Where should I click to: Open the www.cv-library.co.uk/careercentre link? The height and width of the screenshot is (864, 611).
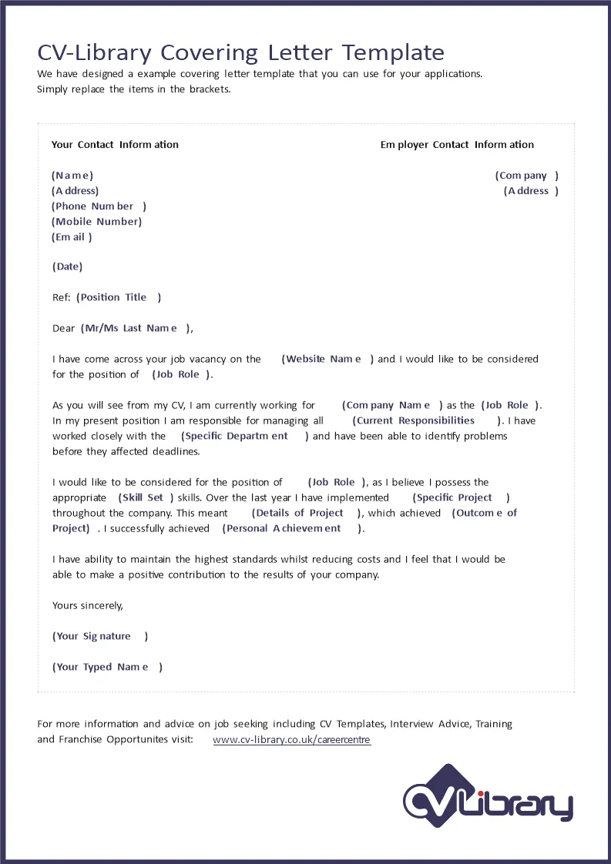(x=291, y=740)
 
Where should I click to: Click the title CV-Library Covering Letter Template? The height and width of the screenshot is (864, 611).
(x=240, y=52)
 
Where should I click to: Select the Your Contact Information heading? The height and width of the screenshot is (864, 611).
(x=115, y=145)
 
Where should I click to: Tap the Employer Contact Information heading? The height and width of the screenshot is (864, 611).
(x=457, y=145)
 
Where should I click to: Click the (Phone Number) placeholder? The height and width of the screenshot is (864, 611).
(x=99, y=206)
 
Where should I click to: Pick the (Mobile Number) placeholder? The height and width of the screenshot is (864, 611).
(x=97, y=222)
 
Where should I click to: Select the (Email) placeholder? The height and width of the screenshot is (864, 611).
(x=72, y=237)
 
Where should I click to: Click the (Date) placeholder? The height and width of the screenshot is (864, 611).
(x=68, y=267)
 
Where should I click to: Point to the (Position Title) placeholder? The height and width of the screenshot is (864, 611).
(x=119, y=297)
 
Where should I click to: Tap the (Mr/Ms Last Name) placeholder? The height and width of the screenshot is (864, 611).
(x=135, y=328)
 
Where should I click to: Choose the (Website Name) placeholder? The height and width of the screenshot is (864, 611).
(x=327, y=359)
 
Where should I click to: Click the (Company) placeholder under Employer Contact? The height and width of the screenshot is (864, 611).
(x=526, y=176)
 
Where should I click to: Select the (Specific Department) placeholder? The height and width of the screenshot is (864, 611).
(x=244, y=436)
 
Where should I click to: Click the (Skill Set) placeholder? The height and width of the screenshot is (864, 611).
(x=146, y=497)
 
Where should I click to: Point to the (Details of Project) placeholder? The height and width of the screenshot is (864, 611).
(x=306, y=513)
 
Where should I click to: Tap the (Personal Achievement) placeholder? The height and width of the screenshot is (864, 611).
(x=293, y=528)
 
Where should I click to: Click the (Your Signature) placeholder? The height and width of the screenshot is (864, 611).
(x=100, y=636)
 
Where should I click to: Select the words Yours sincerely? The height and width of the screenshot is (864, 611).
(x=88, y=605)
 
